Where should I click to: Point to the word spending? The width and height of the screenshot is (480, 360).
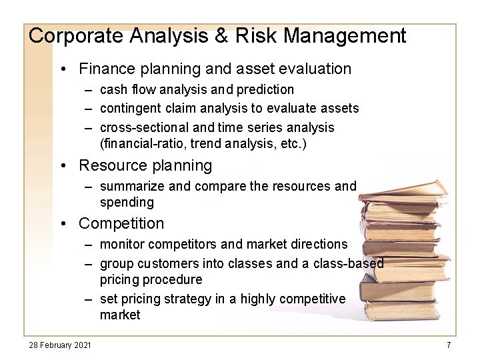coord(127,202)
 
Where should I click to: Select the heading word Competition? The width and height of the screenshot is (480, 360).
coord(121,223)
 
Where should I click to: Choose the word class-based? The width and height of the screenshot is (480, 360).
coord(353,263)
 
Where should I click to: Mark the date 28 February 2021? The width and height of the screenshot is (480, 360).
coord(60,345)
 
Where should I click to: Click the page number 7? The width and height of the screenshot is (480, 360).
coord(449,345)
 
